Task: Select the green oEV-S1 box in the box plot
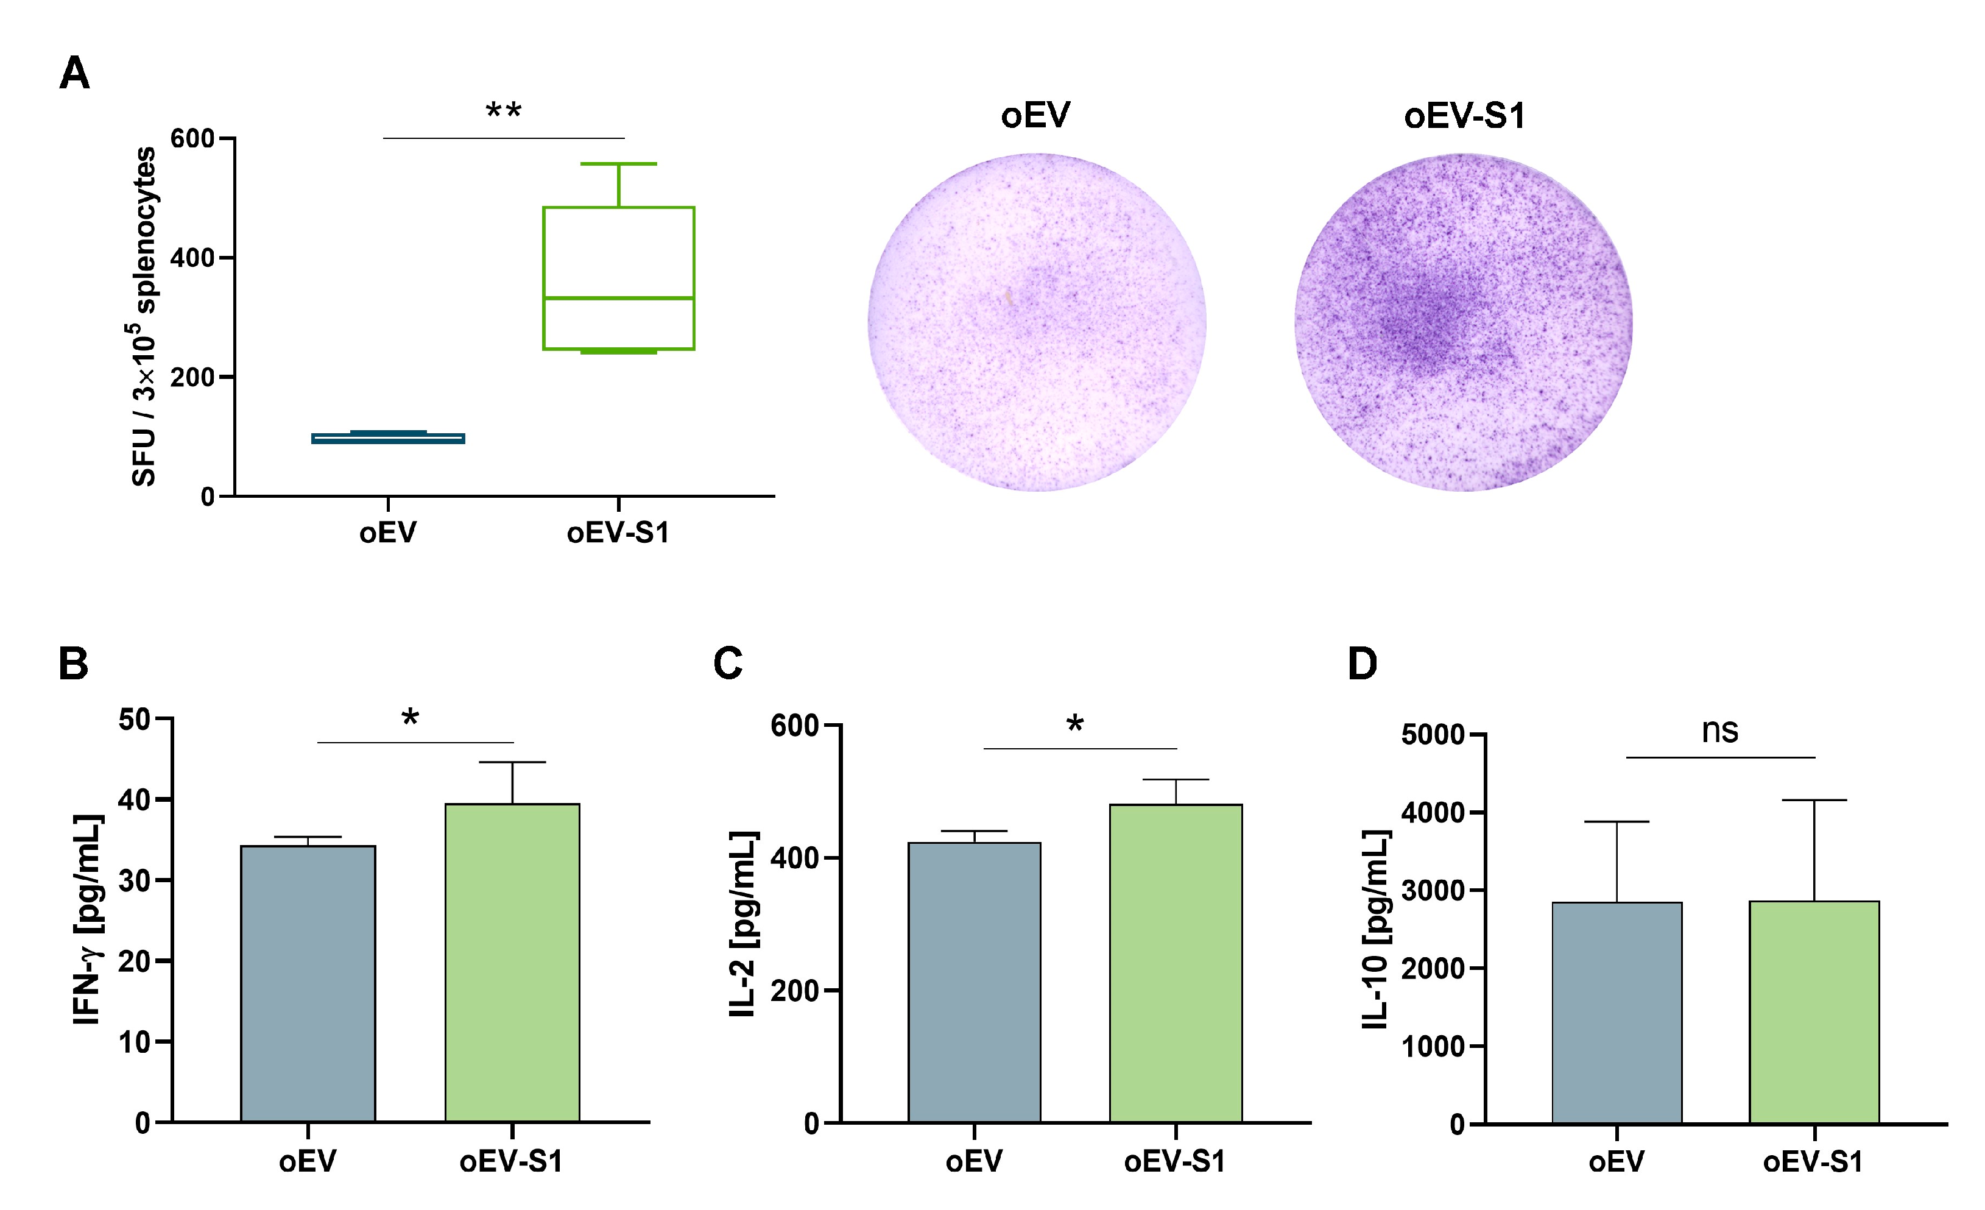[619, 278]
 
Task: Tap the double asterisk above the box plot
[504, 111]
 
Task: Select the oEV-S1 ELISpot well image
[1463, 322]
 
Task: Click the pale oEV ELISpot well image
[1037, 322]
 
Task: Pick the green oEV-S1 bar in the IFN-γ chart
[512, 962]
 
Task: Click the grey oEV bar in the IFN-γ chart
[308, 983]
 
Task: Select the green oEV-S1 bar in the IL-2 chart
[1176, 962]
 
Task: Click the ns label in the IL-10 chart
[1719, 731]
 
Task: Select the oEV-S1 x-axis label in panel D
[1813, 1162]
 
